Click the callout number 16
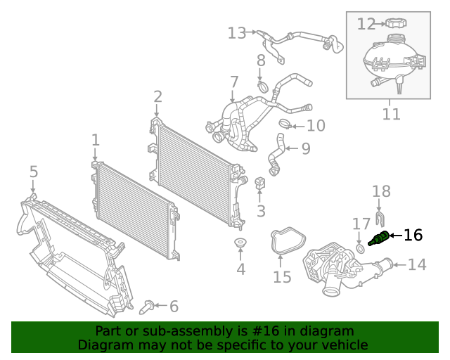point(413,235)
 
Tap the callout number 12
point(366,25)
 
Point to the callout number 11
point(391,114)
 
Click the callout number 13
point(237,33)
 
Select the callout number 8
point(260,60)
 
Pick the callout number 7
point(233,82)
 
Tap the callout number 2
point(157,96)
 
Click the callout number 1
point(96,141)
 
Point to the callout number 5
point(33,172)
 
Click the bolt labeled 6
point(148,306)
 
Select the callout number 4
point(241,269)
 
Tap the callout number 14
point(417,264)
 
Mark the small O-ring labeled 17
point(361,248)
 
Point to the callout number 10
point(316,126)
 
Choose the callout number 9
point(305,148)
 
